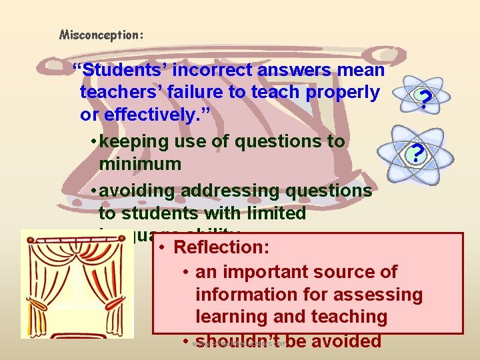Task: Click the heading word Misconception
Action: click(101, 34)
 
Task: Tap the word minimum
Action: click(140, 163)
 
